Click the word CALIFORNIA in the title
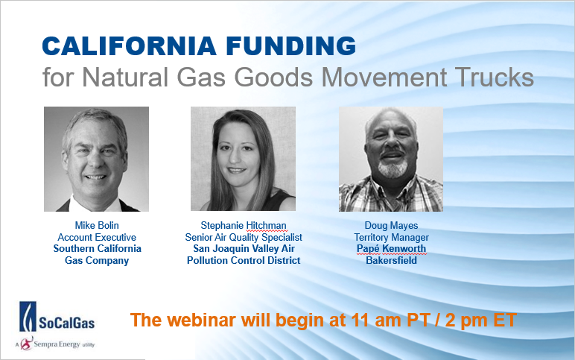tap(129, 46)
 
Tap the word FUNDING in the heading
tap(290, 46)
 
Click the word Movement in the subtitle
tap(384, 77)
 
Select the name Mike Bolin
tap(97, 225)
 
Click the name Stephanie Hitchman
tap(244, 225)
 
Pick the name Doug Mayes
tap(391, 225)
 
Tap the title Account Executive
tap(97, 237)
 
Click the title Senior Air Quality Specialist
tap(244, 238)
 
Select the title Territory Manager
tap(391, 238)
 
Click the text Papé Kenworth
tap(391, 249)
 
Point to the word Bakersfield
tap(391, 261)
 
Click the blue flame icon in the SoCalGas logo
tap(28, 316)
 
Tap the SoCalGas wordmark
tap(67, 323)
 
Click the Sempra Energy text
tap(57, 344)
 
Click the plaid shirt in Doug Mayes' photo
tap(391, 195)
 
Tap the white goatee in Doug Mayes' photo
tap(393, 168)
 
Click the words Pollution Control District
tap(244, 261)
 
